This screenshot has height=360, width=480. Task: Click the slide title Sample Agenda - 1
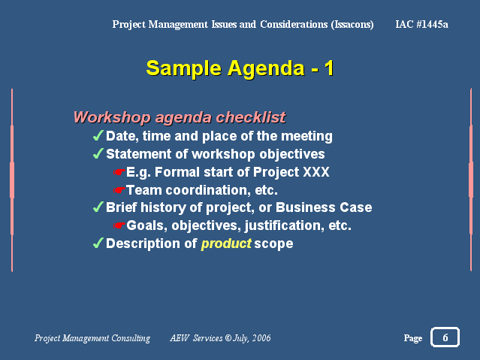click(240, 68)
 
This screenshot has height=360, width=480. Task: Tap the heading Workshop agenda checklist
click(180, 117)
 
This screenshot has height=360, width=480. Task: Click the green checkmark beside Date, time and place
click(98, 135)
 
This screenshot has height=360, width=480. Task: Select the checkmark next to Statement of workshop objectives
click(98, 153)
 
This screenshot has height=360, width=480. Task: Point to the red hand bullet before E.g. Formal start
click(119, 172)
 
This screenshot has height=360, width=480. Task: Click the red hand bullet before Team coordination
click(119, 190)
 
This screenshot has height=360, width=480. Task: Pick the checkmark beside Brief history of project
click(98, 207)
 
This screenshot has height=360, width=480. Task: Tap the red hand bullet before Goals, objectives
click(119, 225)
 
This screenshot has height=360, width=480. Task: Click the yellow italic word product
click(226, 244)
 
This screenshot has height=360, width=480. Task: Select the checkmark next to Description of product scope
click(98, 243)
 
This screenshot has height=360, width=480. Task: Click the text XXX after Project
click(316, 172)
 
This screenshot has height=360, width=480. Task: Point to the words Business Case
click(324, 207)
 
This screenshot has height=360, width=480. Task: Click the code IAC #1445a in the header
click(421, 24)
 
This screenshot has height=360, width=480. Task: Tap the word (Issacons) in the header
click(352, 24)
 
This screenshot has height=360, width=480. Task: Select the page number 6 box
click(445, 337)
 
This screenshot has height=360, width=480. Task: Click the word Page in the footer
click(413, 338)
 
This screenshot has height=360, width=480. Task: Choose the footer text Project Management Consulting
click(92, 338)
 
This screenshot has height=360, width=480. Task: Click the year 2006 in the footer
click(261, 337)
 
